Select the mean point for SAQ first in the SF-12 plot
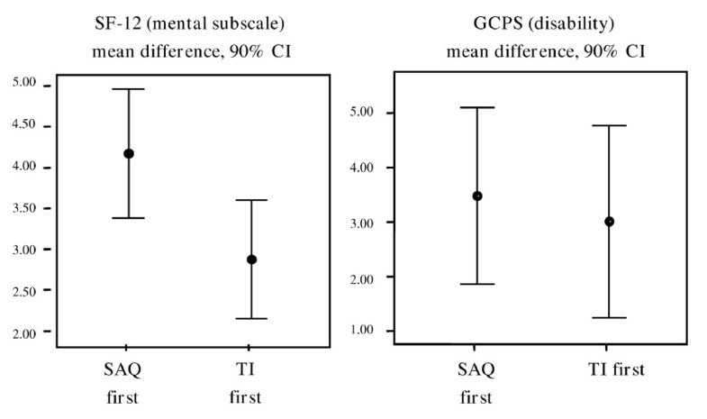129,153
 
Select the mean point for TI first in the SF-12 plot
251,260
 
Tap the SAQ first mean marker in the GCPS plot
477,196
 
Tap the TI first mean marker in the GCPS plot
609,221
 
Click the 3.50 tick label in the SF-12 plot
26,208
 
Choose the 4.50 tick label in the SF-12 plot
26,125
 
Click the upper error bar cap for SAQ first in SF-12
129,89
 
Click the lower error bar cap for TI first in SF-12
251,318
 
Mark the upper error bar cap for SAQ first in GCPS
477,107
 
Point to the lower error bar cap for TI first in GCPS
609,317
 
